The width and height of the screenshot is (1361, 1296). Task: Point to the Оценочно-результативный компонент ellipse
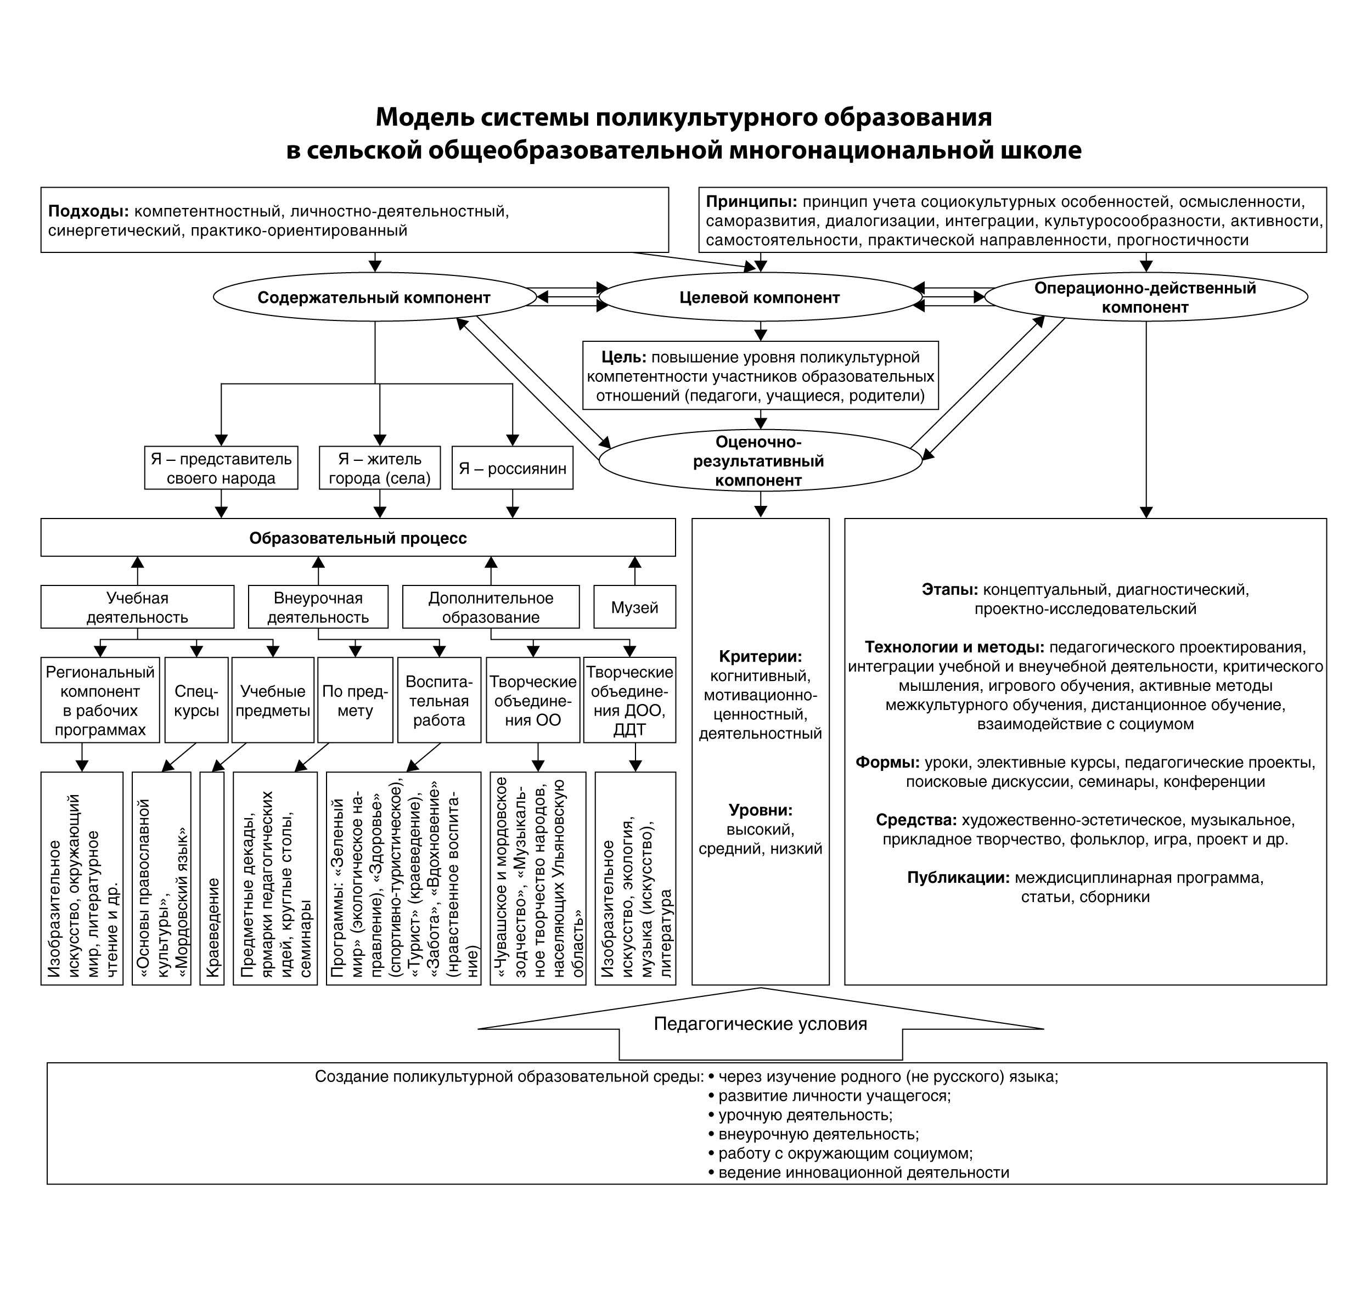tap(760, 461)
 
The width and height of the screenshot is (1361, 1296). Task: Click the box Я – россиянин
tap(512, 469)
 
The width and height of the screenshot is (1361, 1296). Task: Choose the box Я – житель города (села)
tap(379, 469)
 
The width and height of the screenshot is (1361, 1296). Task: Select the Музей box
tap(634, 607)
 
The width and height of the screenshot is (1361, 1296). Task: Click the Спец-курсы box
tap(196, 701)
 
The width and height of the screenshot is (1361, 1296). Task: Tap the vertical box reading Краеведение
tap(212, 877)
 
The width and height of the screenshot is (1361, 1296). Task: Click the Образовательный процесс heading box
tap(358, 538)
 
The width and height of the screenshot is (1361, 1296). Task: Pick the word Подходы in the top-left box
tap(88, 211)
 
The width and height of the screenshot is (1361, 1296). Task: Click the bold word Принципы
tap(751, 202)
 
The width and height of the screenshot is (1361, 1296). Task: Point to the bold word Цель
tap(623, 357)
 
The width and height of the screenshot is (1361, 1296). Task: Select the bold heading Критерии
tap(760, 656)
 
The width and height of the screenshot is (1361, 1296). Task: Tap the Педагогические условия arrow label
tap(760, 1024)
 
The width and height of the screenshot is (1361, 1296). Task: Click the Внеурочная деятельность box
tap(318, 607)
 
